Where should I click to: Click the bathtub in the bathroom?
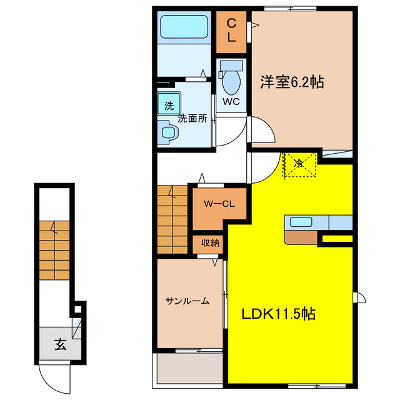coord(184,27)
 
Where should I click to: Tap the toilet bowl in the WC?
coord(231,82)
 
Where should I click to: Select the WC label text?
coord(231,101)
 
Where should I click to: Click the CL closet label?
coord(231,31)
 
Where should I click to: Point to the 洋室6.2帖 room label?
coord(292,82)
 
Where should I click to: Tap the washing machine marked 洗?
coord(169,103)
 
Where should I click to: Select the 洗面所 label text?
coord(192,118)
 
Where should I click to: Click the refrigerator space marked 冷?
coord(299,164)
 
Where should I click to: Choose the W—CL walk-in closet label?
coord(219,204)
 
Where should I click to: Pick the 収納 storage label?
coord(210,243)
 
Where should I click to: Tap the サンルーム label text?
coord(187,301)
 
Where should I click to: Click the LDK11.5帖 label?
coord(279,314)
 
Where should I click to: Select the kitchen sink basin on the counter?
coord(301,222)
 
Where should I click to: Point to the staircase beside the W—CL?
coord(172,219)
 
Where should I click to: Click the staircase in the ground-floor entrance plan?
coord(54,250)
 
